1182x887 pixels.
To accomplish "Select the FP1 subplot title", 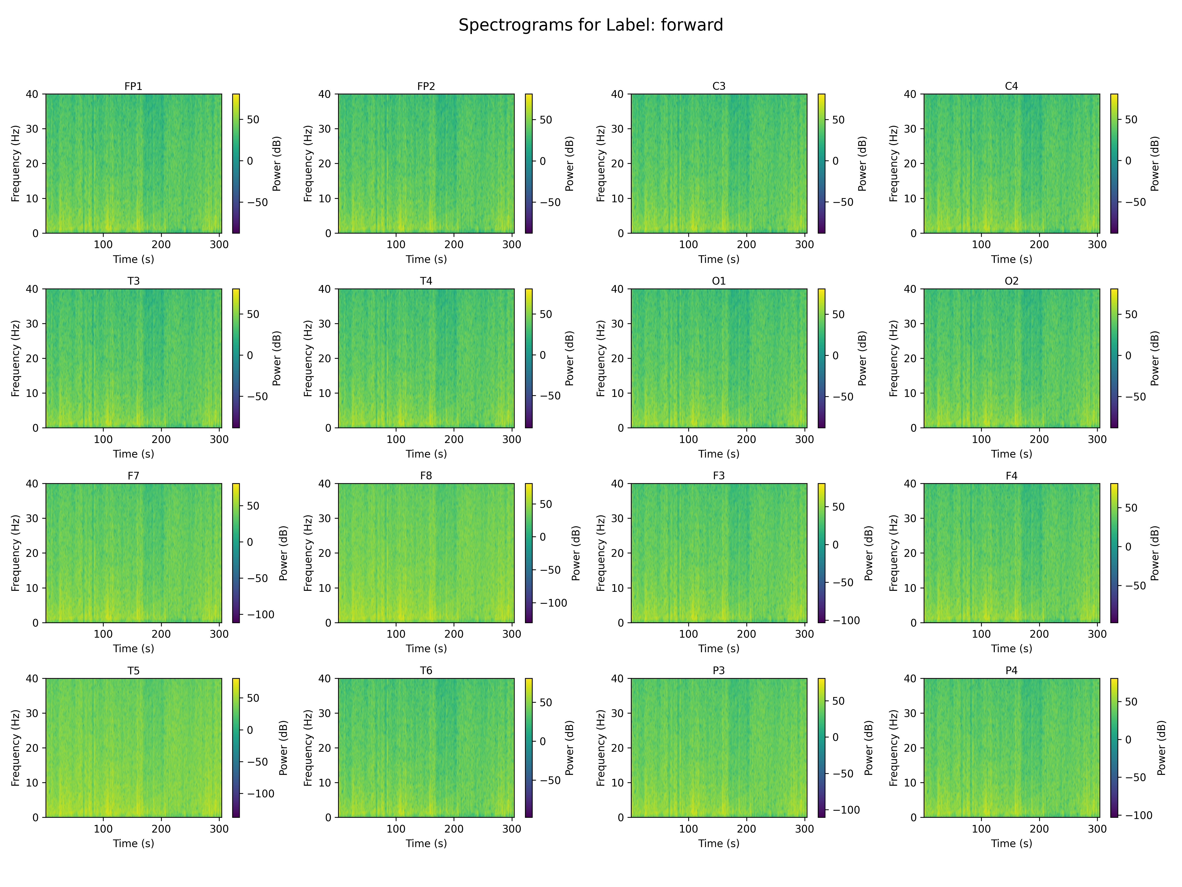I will coord(133,86).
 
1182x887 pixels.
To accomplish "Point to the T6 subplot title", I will coord(426,670).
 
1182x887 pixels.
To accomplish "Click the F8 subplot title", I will coord(426,475).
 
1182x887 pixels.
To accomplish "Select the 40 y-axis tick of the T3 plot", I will coord(32,289).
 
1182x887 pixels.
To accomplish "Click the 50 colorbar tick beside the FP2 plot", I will coord(545,120).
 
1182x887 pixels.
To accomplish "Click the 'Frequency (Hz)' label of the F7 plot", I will coord(16,553).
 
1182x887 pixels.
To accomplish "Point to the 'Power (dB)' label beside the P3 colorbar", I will coord(868,748).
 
